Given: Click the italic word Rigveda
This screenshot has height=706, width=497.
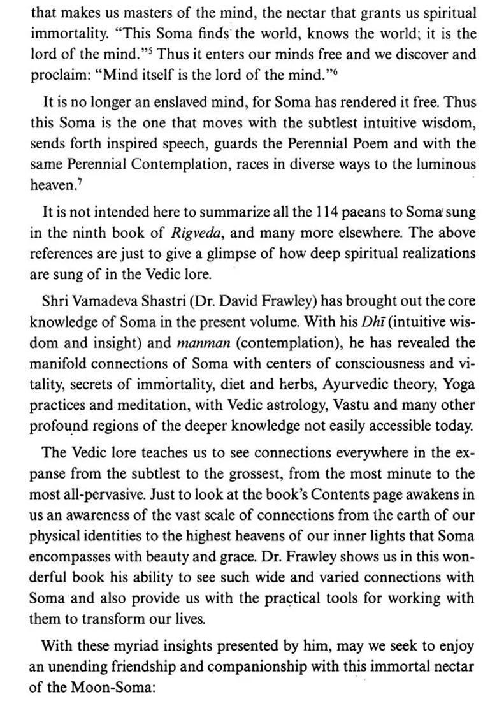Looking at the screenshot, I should coord(195,233).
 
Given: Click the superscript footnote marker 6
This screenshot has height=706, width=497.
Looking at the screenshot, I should coord(334,71).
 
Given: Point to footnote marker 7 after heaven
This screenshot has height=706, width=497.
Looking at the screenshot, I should coord(76,182).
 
